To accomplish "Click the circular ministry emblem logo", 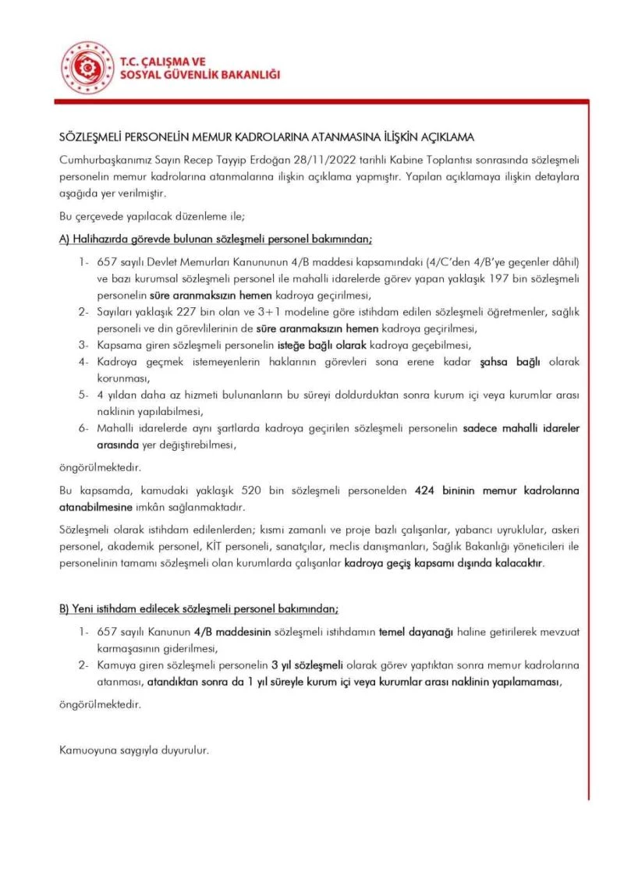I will pyautogui.click(x=88, y=68).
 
